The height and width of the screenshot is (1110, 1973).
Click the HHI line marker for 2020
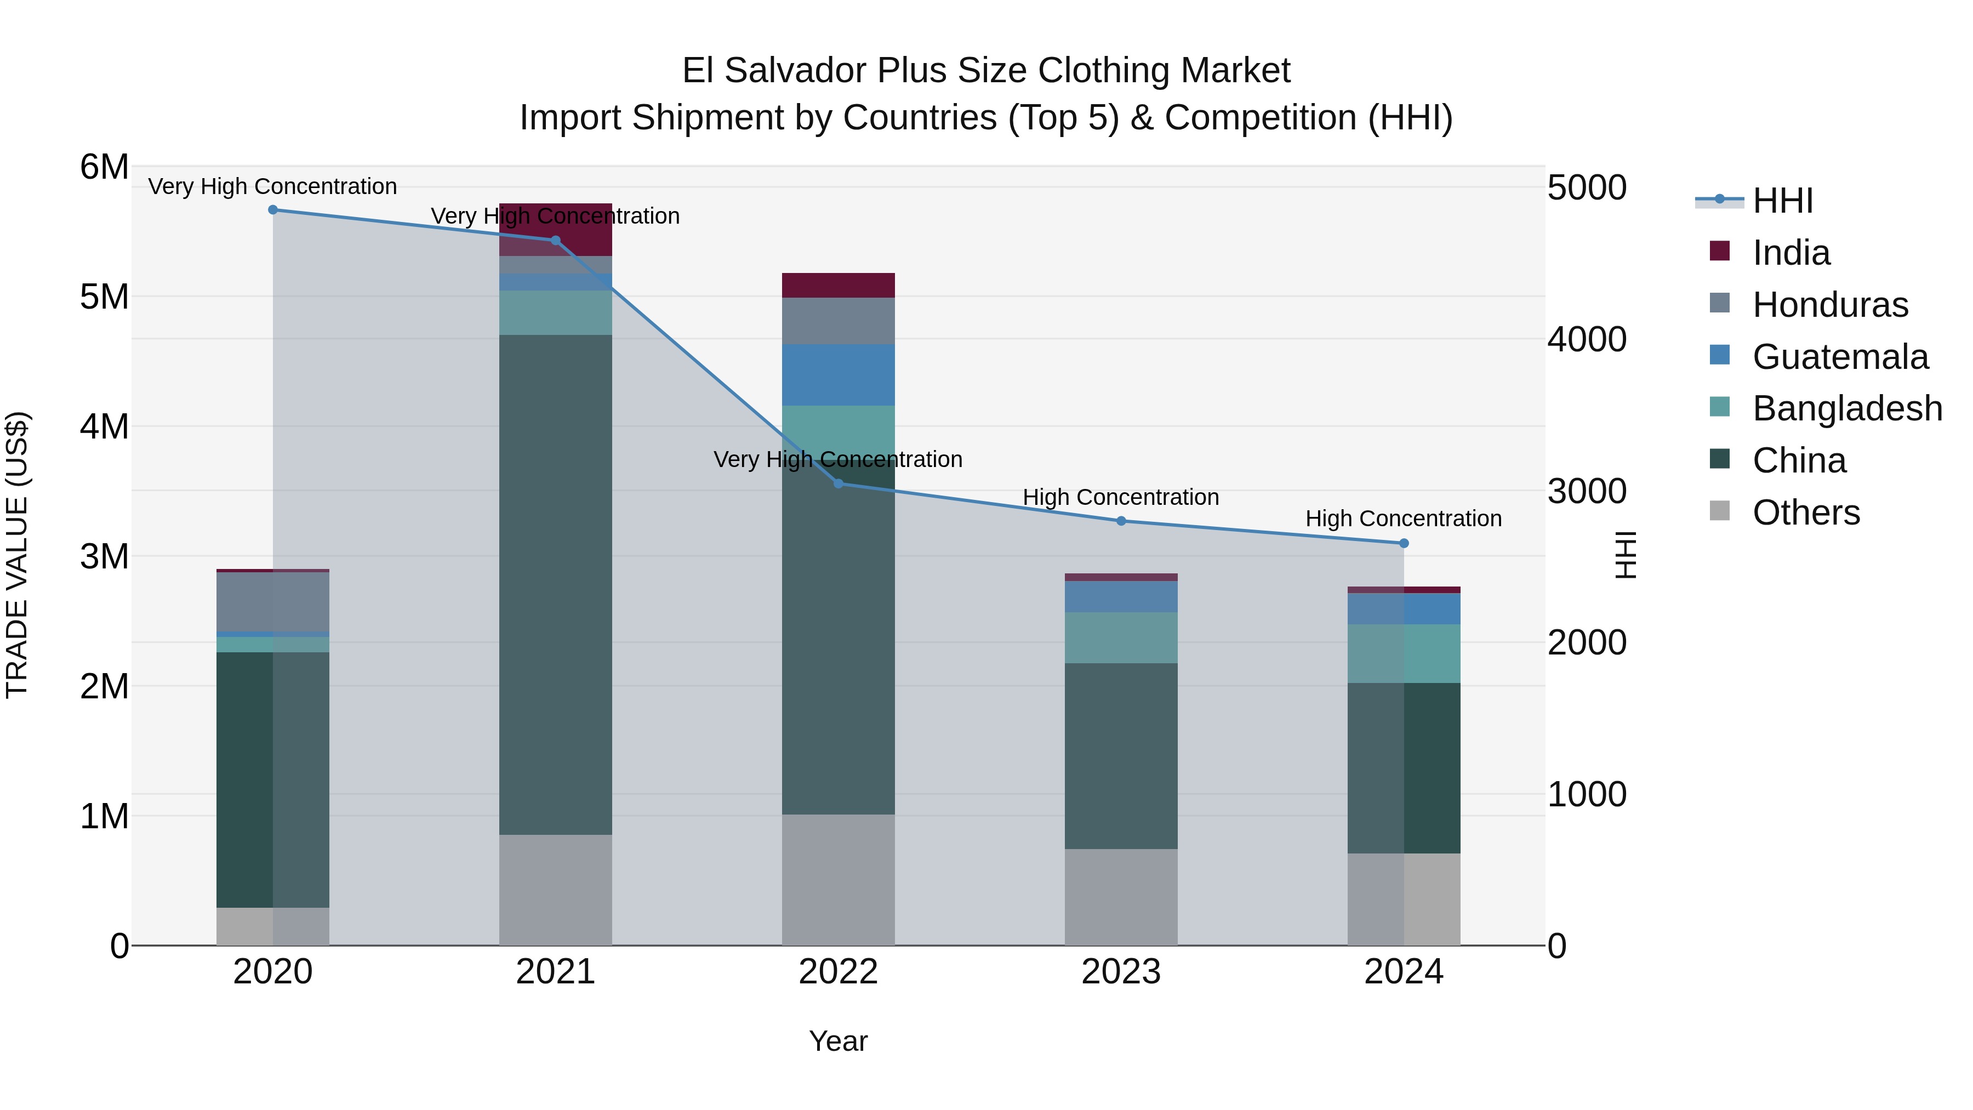click(x=273, y=209)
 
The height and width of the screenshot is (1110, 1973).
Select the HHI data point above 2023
click(x=1121, y=521)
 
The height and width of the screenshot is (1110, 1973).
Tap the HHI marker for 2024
click(x=1403, y=543)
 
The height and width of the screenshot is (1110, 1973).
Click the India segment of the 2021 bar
click(x=555, y=229)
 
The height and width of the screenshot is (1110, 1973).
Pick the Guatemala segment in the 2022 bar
click(x=838, y=374)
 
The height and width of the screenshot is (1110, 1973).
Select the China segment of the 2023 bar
click(x=1121, y=755)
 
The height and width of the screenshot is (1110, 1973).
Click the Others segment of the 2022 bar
click(x=838, y=879)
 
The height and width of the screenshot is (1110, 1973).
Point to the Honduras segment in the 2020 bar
click(x=273, y=601)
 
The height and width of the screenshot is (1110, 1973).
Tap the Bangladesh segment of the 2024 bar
click(x=1403, y=653)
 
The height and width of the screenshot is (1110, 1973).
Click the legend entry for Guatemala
click(x=1839, y=356)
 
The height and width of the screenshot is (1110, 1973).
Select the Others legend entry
click(x=1805, y=513)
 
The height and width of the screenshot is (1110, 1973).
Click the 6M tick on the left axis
click(x=104, y=167)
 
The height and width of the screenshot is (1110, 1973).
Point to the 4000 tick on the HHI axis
click(x=1586, y=339)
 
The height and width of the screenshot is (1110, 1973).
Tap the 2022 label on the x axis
click(x=838, y=972)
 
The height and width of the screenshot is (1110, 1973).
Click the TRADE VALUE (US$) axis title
click(x=17, y=555)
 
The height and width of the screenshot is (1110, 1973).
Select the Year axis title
click(x=838, y=1041)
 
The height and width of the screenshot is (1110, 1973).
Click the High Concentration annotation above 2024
click(x=1402, y=519)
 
